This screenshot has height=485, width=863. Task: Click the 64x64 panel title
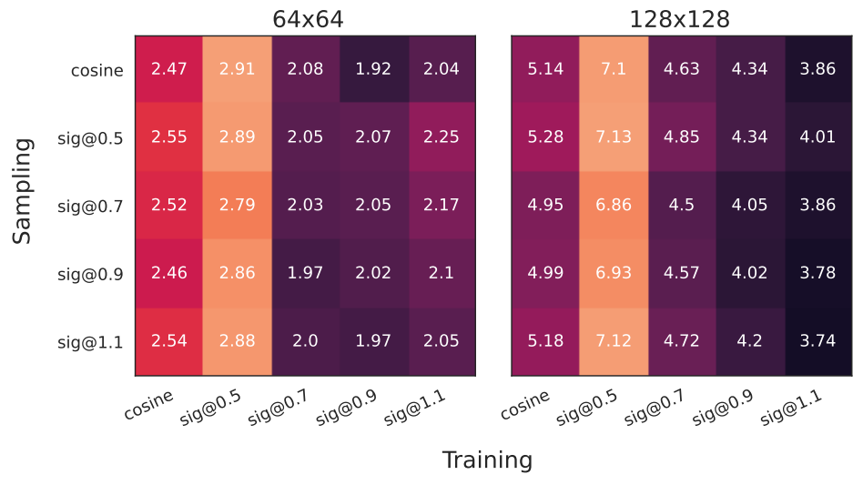[x=308, y=19]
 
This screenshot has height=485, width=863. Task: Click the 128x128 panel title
[x=680, y=19]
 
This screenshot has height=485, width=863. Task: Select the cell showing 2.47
[x=169, y=69]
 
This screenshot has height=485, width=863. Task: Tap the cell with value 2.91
[x=238, y=69]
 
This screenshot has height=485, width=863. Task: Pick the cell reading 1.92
[x=373, y=69]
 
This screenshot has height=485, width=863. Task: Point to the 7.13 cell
[x=614, y=136]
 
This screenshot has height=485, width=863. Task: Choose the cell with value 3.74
[x=817, y=341]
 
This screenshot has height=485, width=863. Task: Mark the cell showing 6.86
[x=614, y=205]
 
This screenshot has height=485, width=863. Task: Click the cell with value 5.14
[x=545, y=69]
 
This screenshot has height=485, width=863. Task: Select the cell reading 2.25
[x=442, y=136]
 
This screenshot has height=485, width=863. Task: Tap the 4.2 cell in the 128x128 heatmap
[x=749, y=341]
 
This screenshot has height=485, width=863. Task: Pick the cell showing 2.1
[x=442, y=273]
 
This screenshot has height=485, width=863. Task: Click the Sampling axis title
[x=22, y=191]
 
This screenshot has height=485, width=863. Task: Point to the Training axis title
[x=487, y=460]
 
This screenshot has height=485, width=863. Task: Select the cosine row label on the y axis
[x=96, y=70]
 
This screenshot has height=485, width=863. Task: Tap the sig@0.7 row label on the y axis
[x=90, y=207]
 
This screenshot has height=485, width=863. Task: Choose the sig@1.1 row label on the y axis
[x=90, y=342]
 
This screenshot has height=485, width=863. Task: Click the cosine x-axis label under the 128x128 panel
[x=525, y=405]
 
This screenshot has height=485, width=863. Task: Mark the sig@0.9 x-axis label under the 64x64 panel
[x=346, y=408]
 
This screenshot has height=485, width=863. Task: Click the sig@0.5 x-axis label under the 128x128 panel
[x=586, y=408]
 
